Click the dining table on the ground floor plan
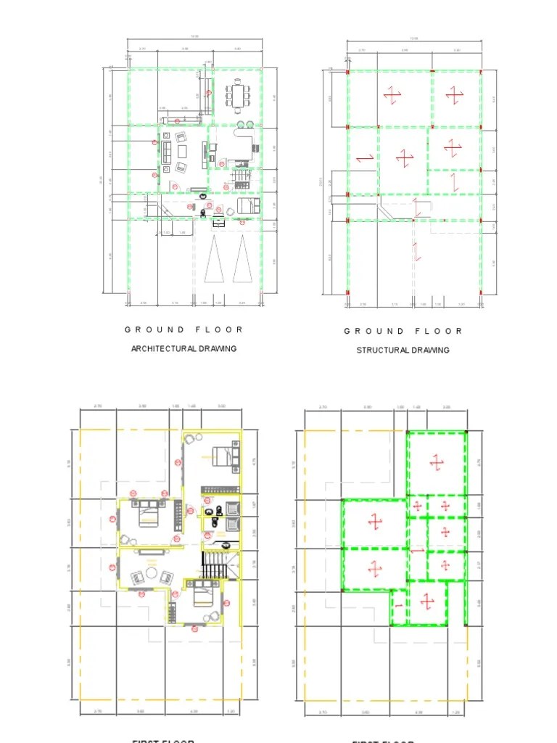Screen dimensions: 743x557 click(x=237, y=95)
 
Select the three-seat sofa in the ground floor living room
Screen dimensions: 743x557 click(x=166, y=152)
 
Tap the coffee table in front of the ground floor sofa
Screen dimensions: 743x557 click(x=182, y=151)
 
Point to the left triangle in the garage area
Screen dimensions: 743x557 click(x=213, y=260)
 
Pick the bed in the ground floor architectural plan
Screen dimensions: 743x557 click(x=246, y=207)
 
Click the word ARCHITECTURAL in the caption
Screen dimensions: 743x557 click(x=163, y=349)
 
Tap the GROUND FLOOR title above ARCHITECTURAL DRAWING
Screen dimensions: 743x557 click(x=184, y=329)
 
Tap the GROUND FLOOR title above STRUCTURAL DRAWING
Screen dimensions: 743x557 click(x=403, y=331)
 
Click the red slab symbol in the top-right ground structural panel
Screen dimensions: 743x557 click(x=454, y=94)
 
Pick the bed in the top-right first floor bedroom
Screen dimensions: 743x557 click(x=227, y=456)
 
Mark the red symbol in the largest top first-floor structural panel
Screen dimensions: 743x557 click(x=436, y=461)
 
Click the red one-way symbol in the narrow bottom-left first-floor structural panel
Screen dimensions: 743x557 click(x=398, y=604)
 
